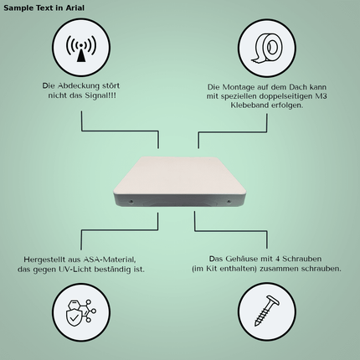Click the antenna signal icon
pos(81,48)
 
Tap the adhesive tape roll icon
pos(267,48)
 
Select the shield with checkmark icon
pos(80,312)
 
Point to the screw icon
pos(267,311)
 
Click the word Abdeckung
pos(74,85)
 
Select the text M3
pos(321,96)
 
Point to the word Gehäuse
pos(242,259)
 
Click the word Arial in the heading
pos(75,8)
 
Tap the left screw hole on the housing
pos(131,201)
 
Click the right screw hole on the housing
pos(229,201)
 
